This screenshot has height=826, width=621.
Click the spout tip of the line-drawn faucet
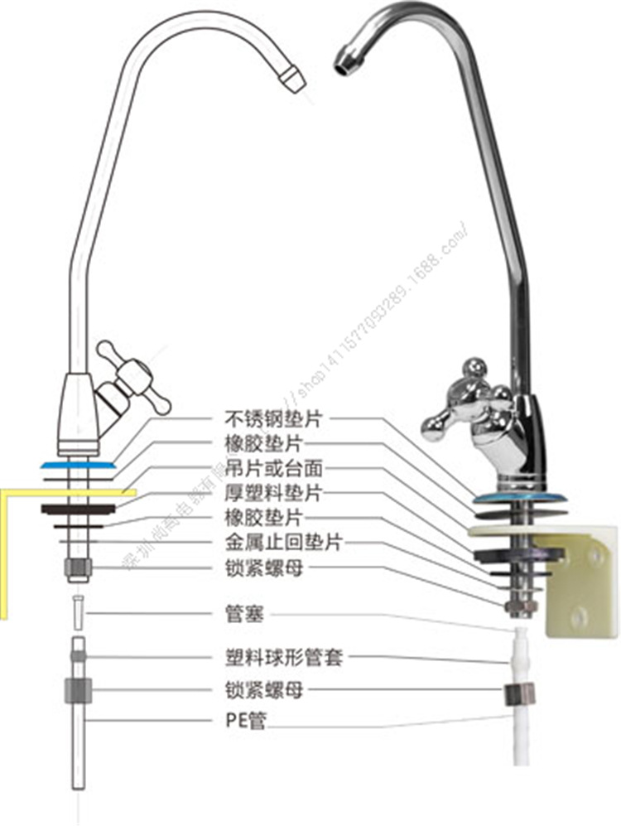point(291,77)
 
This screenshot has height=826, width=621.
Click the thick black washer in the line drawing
point(79,507)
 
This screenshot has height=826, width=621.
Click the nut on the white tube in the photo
point(516,695)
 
